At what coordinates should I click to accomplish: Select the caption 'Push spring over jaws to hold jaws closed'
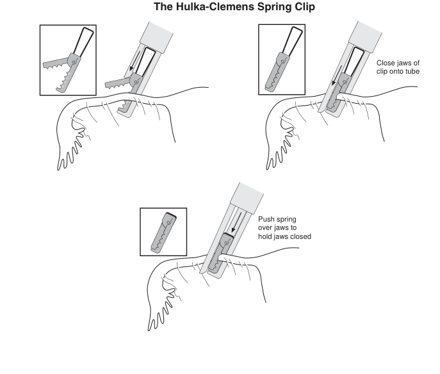coord(284,227)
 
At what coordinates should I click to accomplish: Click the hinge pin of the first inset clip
coord(76,60)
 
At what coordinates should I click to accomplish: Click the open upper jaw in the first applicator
coord(117,84)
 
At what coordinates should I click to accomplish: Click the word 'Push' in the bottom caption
coord(266,219)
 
